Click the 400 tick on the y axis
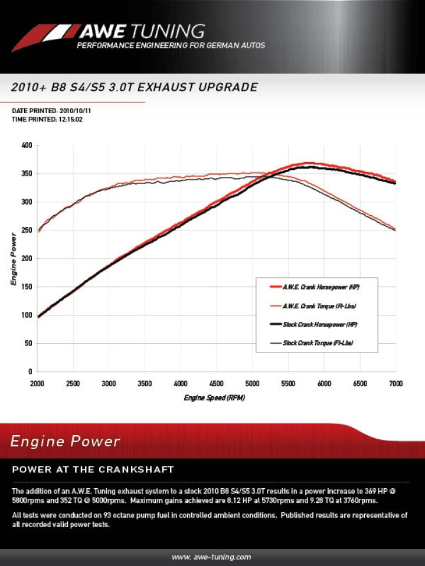27,145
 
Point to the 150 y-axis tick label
27,287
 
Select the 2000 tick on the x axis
37,383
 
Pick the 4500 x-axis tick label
217,383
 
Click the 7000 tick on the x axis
395,383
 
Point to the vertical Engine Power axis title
14,259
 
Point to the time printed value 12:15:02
70,119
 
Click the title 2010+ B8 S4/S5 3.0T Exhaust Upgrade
135,87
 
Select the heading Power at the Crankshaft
93,469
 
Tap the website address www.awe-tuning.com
211,557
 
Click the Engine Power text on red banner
66,441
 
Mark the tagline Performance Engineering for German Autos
171,45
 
